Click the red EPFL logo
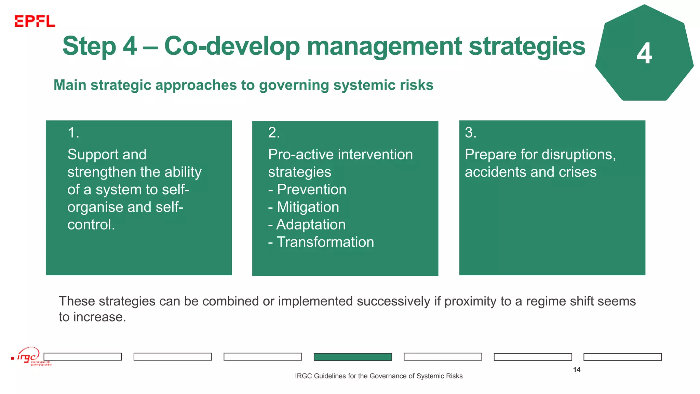[35, 21]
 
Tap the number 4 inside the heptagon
[644, 54]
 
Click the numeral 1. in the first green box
[73, 133]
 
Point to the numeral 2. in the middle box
[274, 133]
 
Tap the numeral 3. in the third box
[470, 133]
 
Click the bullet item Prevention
[311, 189]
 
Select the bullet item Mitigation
[308, 207]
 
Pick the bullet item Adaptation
[310, 225]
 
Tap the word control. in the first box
[91, 225]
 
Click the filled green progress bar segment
[353, 357]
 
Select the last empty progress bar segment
[622, 357]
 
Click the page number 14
[577, 369]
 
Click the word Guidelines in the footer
[330, 376]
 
